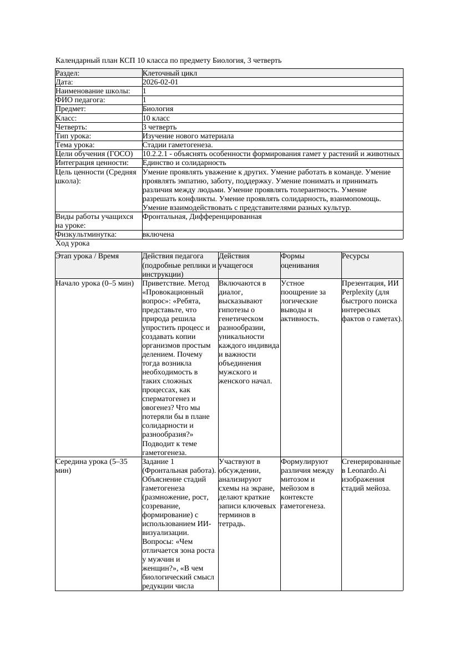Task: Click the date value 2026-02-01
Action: point(160,82)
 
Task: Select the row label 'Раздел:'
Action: point(68,73)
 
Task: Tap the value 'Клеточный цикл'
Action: point(170,73)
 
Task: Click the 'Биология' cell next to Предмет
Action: point(158,109)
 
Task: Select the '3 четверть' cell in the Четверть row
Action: point(159,127)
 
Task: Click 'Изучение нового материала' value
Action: point(188,136)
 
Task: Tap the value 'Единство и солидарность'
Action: point(184,163)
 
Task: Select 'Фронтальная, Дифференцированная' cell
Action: point(202,217)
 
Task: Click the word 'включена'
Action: point(158,234)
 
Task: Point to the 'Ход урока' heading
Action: point(73,243)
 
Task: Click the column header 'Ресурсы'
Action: point(355,256)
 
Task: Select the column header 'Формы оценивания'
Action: point(300,261)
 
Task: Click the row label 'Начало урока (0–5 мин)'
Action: point(95,283)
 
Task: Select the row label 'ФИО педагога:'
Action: point(80,100)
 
